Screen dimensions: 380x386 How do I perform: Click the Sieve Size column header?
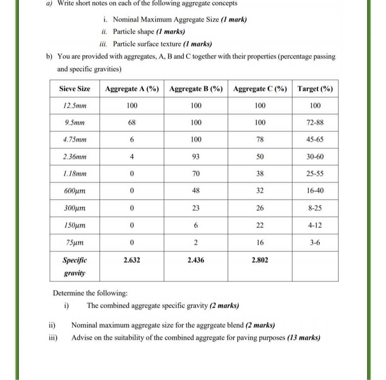(x=75, y=89)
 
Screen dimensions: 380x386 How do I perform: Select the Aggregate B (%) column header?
(x=196, y=89)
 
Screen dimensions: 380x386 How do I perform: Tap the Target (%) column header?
(x=315, y=89)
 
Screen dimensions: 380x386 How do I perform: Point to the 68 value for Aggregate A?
(x=132, y=123)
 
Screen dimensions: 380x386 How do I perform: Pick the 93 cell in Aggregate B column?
(x=196, y=157)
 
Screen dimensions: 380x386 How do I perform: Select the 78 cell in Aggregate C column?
(x=260, y=140)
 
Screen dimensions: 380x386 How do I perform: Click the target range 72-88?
(x=315, y=123)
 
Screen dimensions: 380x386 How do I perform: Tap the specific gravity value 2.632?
(x=132, y=260)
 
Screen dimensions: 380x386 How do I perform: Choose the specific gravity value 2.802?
(x=260, y=260)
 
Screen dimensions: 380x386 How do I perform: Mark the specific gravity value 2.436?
(x=196, y=260)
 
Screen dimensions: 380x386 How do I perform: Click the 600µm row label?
(x=75, y=191)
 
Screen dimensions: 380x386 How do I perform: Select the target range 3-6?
(x=315, y=243)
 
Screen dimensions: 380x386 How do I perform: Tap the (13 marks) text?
(x=303, y=338)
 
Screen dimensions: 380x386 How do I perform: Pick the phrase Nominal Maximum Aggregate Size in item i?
(x=166, y=19)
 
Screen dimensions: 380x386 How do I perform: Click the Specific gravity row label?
(x=75, y=267)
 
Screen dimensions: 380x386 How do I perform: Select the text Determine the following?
(x=90, y=293)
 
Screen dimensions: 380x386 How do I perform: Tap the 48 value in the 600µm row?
(x=196, y=191)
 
